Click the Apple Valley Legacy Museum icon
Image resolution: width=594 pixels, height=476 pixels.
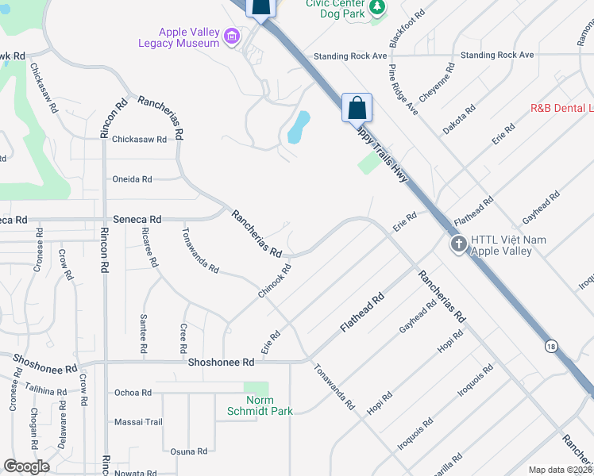pyautogui.click(x=232, y=36)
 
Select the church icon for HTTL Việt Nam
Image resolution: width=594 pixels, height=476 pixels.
pyautogui.click(x=458, y=244)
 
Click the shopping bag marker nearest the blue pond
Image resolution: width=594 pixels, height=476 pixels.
pyautogui.click(x=357, y=108)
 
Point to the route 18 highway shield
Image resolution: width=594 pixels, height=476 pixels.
pyautogui.click(x=550, y=345)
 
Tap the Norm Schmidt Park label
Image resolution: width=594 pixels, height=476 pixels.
pyautogui.click(x=260, y=405)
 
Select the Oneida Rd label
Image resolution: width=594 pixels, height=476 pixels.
pyautogui.click(x=132, y=179)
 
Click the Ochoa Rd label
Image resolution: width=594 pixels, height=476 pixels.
pyautogui.click(x=133, y=393)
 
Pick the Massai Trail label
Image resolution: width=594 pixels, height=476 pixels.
pyautogui.click(x=138, y=422)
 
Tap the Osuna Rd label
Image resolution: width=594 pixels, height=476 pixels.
pyautogui.click(x=189, y=451)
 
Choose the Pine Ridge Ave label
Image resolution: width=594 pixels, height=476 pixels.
pyautogui.click(x=403, y=89)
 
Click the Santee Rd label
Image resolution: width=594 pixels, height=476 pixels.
pyautogui.click(x=144, y=337)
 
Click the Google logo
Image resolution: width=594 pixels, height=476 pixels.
pyautogui.click(x=26, y=466)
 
